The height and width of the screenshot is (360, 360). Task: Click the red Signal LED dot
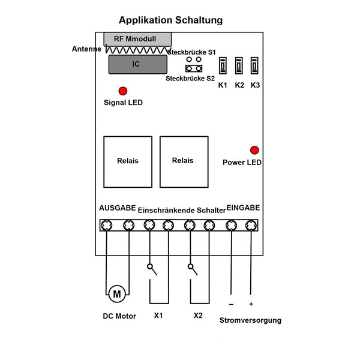tap(123, 91)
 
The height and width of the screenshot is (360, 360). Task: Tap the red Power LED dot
tap(254, 150)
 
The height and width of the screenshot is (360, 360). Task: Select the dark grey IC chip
tap(138, 65)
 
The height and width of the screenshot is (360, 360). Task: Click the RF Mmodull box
tap(137, 39)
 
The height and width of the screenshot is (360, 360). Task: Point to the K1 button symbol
tap(223, 65)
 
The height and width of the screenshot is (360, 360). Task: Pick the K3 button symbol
tap(254, 65)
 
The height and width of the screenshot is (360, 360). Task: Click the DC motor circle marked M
tap(117, 294)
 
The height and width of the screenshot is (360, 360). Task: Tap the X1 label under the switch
tap(158, 316)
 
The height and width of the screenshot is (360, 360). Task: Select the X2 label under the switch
tap(198, 316)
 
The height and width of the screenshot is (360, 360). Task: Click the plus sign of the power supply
tap(251, 304)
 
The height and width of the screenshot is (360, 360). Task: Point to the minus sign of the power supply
tap(231, 304)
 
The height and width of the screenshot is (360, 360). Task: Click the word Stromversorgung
tap(250, 320)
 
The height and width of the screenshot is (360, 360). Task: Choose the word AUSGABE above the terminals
tap(118, 208)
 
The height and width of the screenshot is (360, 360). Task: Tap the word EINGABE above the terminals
tap(243, 208)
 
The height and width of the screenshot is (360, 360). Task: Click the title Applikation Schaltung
tap(170, 20)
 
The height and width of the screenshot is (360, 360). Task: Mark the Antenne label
tap(86, 49)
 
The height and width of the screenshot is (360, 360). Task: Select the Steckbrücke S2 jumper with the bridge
tap(194, 68)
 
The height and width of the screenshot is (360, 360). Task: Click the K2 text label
tap(239, 85)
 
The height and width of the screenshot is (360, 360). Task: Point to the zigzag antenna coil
tap(139, 50)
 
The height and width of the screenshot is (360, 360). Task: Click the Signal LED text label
tap(123, 103)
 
